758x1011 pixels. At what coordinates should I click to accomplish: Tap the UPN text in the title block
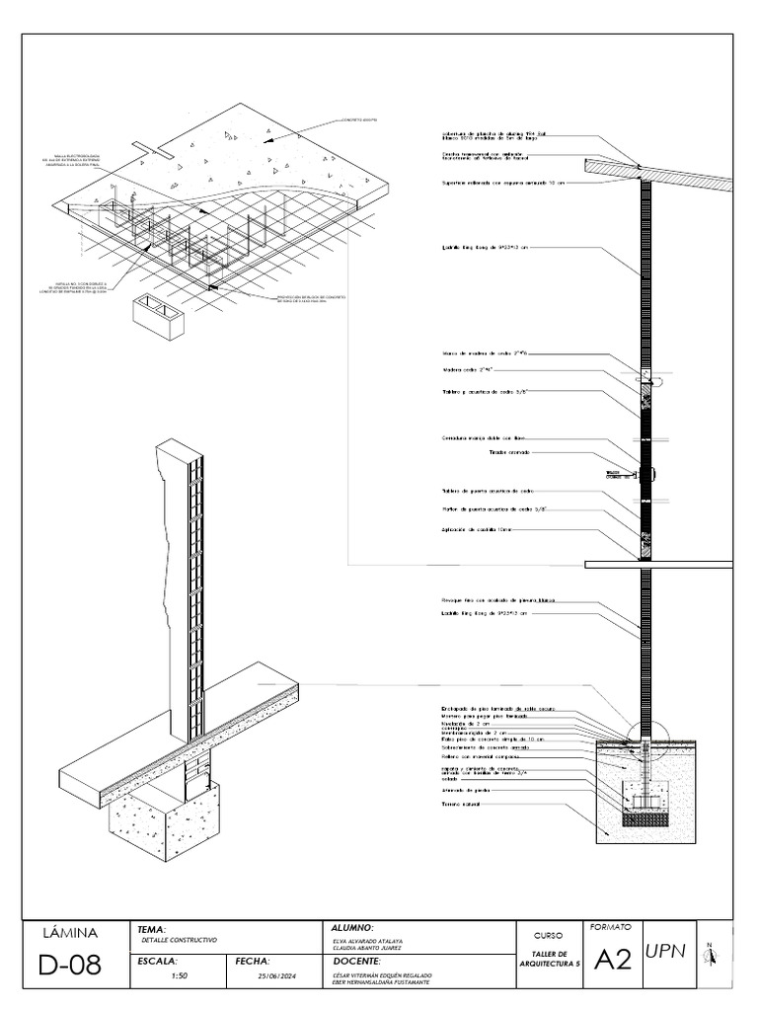point(665,951)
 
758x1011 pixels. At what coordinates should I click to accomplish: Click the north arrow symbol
point(711,953)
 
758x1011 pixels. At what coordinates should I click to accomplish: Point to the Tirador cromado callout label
point(509,452)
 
